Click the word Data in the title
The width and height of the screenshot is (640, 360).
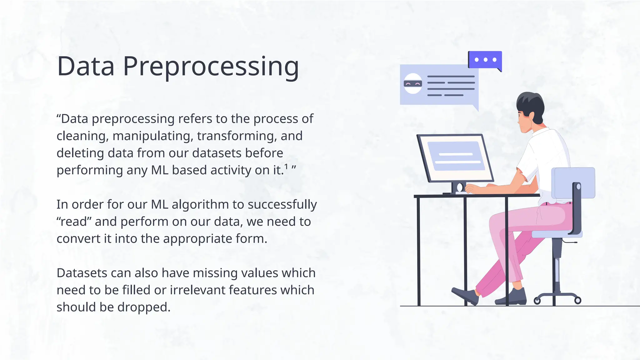pos(86,67)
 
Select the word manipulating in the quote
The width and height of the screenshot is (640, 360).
pos(152,136)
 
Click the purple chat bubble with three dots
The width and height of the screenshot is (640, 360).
pos(485,60)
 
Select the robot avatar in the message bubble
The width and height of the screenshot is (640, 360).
pos(413,83)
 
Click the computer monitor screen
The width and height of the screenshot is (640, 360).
pos(456,156)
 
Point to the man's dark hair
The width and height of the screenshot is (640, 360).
pos(531,103)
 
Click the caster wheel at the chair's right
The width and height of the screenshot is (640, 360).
pos(578,301)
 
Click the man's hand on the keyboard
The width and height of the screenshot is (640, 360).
pos(472,189)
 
